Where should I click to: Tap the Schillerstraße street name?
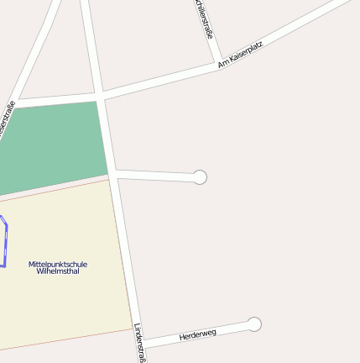pos(204,18)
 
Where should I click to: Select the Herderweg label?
pos(197,334)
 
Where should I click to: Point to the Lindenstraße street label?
pos(140,343)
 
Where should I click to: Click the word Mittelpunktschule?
pos(57,264)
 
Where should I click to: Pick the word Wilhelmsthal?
pos(57,271)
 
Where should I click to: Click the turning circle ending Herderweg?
pos(254,324)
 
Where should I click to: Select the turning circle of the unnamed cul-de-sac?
pos(200,176)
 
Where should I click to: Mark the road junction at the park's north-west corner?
pos(15,104)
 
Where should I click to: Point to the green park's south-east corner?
pos(108,176)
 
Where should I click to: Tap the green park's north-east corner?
pos(97,103)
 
